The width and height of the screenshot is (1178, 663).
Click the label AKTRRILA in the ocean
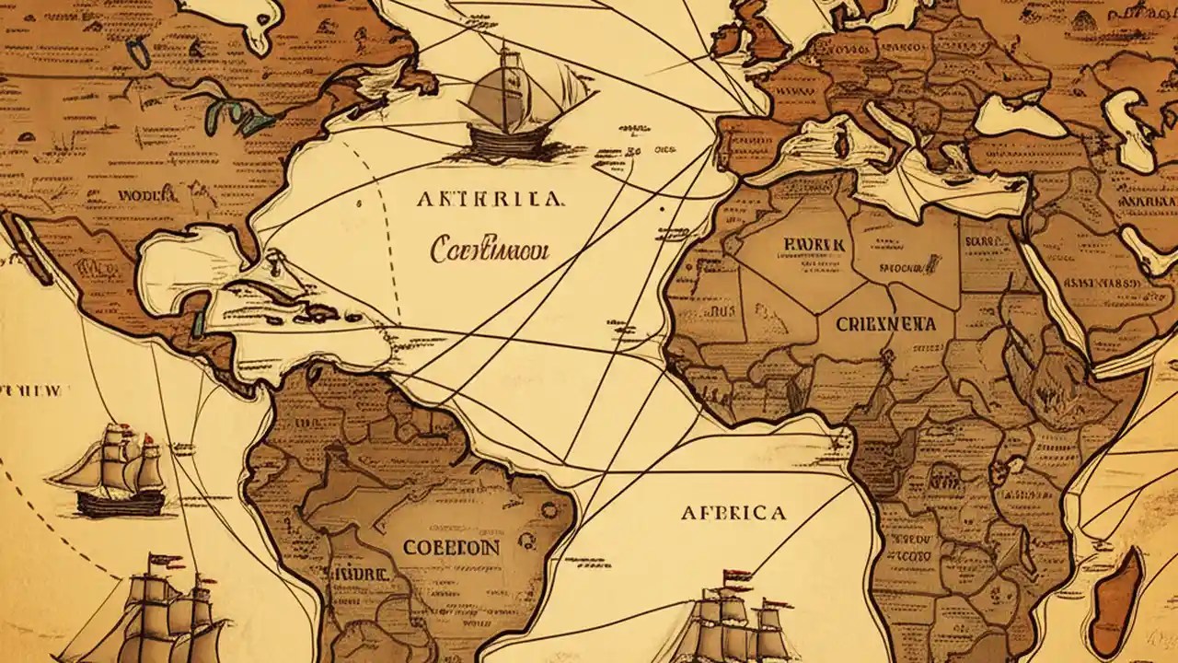491,199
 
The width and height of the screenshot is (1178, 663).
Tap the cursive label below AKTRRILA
489,250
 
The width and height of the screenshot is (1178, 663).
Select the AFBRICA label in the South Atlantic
733,513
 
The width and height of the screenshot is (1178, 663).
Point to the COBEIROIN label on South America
451,547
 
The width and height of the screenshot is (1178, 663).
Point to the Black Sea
1008,115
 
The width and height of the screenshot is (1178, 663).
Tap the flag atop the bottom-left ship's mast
166,560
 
